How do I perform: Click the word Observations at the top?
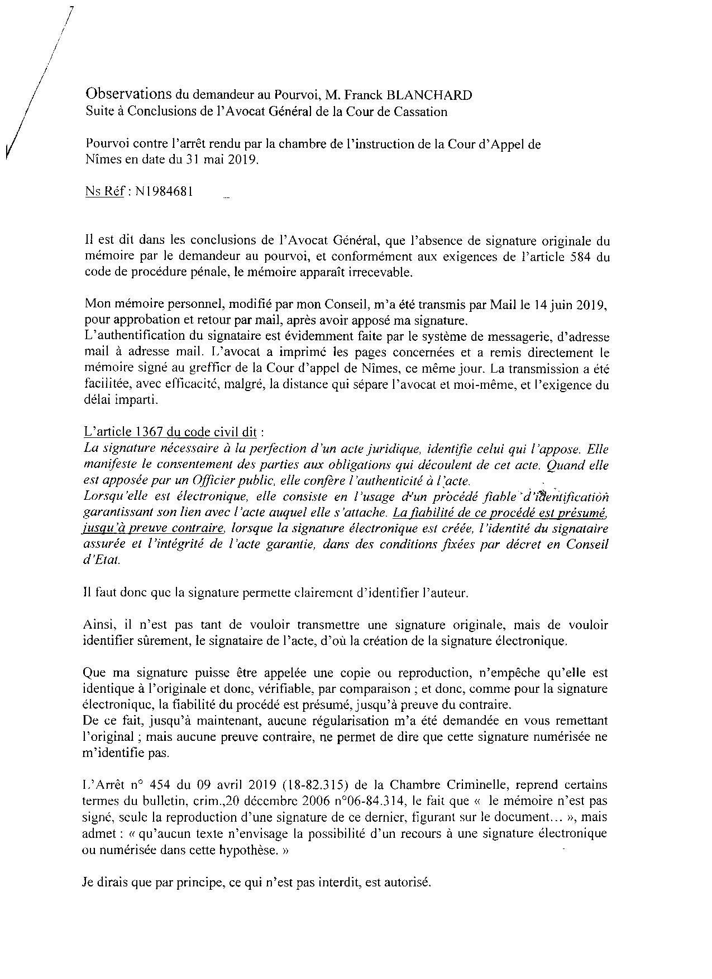(128, 94)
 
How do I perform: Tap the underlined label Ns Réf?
(104, 192)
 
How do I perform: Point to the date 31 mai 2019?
(217, 160)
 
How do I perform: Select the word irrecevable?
(380, 274)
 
